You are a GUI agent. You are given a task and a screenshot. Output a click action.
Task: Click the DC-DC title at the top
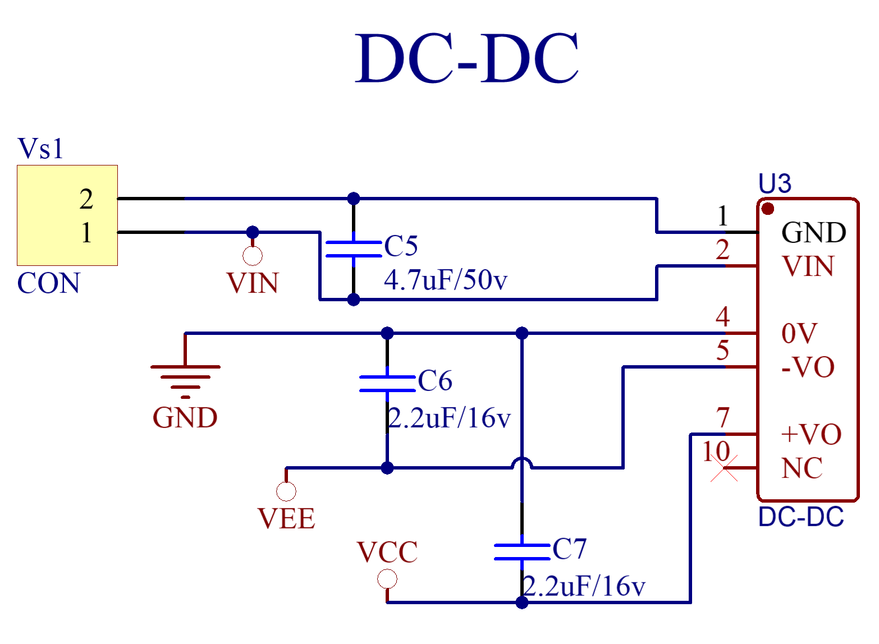click(466, 58)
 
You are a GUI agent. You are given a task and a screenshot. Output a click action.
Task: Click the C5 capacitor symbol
click(354, 249)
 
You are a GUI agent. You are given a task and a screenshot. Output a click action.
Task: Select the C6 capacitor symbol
click(387, 384)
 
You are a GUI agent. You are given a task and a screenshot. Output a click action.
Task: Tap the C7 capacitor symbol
click(522, 552)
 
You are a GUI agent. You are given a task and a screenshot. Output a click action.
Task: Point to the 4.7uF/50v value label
click(445, 279)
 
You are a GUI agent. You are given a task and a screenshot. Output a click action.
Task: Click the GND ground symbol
click(185, 377)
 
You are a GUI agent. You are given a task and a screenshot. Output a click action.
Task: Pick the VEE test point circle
click(286, 491)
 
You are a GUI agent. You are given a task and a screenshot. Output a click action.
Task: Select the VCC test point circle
click(387, 579)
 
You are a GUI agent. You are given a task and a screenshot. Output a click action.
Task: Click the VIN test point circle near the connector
click(253, 256)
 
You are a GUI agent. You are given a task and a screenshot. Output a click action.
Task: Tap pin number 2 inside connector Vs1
click(86, 199)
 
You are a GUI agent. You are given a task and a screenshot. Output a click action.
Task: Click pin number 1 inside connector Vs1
click(86, 232)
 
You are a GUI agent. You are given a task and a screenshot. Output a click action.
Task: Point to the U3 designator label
click(775, 184)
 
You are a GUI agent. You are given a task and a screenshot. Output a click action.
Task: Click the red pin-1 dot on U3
click(768, 209)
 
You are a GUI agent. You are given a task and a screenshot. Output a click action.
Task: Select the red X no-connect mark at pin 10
click(724, 468)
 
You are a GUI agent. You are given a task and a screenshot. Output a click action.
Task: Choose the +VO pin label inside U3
click(811, 434)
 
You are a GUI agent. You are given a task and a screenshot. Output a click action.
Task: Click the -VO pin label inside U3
click(808, 367)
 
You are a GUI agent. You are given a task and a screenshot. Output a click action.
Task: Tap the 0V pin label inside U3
click(799, 334)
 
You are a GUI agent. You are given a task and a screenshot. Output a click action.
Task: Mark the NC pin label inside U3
click(802, 468)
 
